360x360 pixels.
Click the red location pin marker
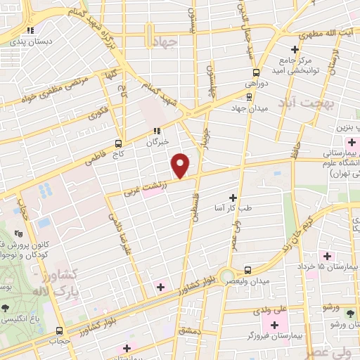point(181,165)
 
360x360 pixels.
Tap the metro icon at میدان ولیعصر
point(247,270)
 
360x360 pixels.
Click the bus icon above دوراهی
point(256,72)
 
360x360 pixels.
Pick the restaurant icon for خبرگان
point(157,131)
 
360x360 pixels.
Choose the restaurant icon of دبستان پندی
point(30,30)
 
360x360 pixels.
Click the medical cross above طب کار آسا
point(233,198)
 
